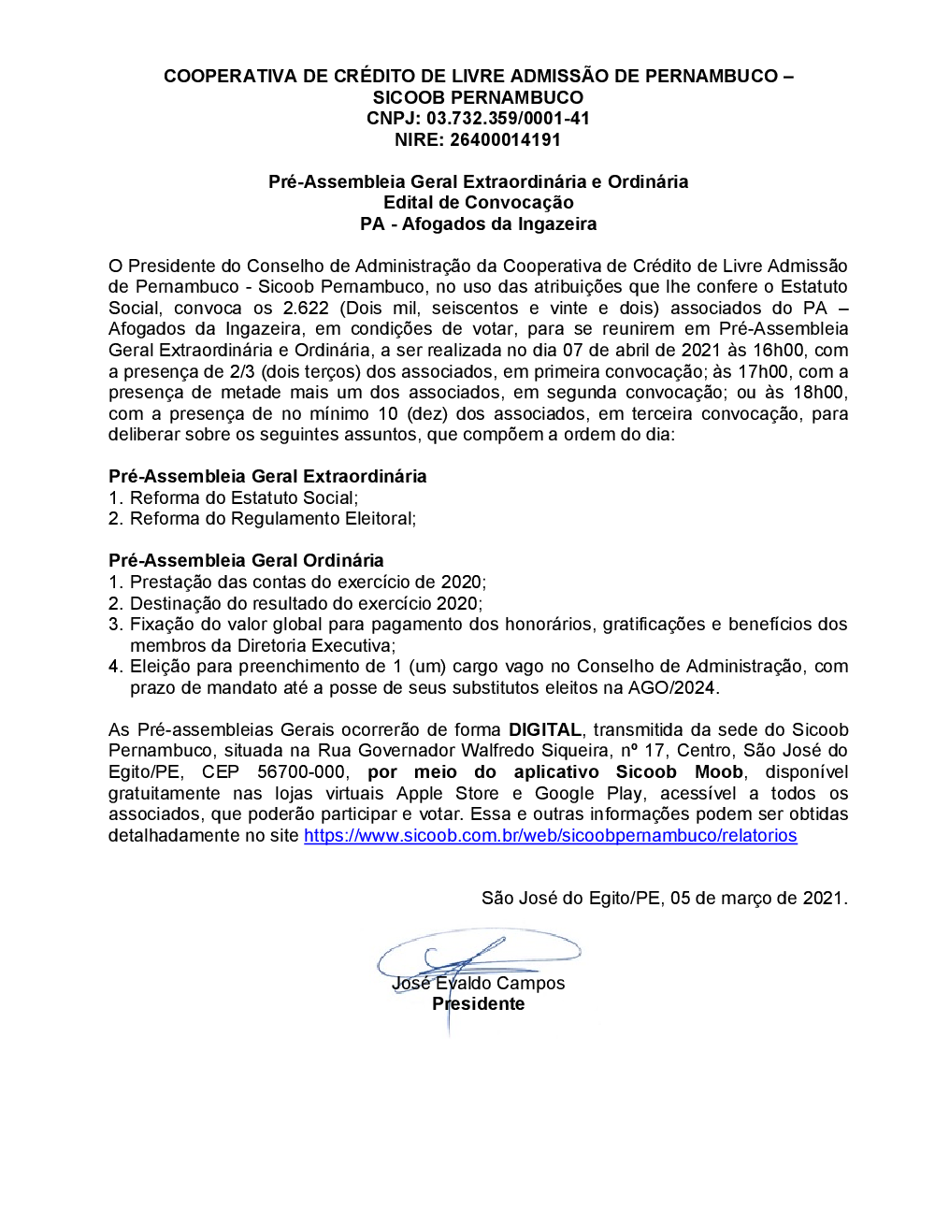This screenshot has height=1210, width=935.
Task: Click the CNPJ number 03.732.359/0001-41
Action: [x=508, y=119]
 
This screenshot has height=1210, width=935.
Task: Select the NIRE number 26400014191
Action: [x=505, y=140]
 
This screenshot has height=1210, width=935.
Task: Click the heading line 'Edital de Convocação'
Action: [x=478, y=203]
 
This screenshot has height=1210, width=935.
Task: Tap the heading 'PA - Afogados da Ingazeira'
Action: [x=478, y=224]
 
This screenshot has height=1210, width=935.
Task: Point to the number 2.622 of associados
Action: [x=306, y=309]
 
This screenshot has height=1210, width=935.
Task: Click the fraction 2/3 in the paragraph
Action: [x=241, y=372]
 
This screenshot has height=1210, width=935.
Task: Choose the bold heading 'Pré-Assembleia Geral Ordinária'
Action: [x=246, y=561]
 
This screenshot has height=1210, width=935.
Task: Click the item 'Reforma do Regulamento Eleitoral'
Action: [x=272, y=519]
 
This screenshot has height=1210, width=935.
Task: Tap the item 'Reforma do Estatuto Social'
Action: [x=243, y=498]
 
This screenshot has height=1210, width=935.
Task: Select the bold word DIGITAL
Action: [x=545, y=730]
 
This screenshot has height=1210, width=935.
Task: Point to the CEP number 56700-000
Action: [x=301, y=772]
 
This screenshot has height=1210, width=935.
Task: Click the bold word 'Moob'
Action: [x=718, y=772]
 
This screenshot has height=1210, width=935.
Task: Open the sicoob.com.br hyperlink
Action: [x=550, y=836]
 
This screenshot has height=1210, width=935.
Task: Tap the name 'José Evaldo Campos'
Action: [x=478, y=984]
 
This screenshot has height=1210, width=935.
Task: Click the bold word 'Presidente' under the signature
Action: [x=478, y=1004]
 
